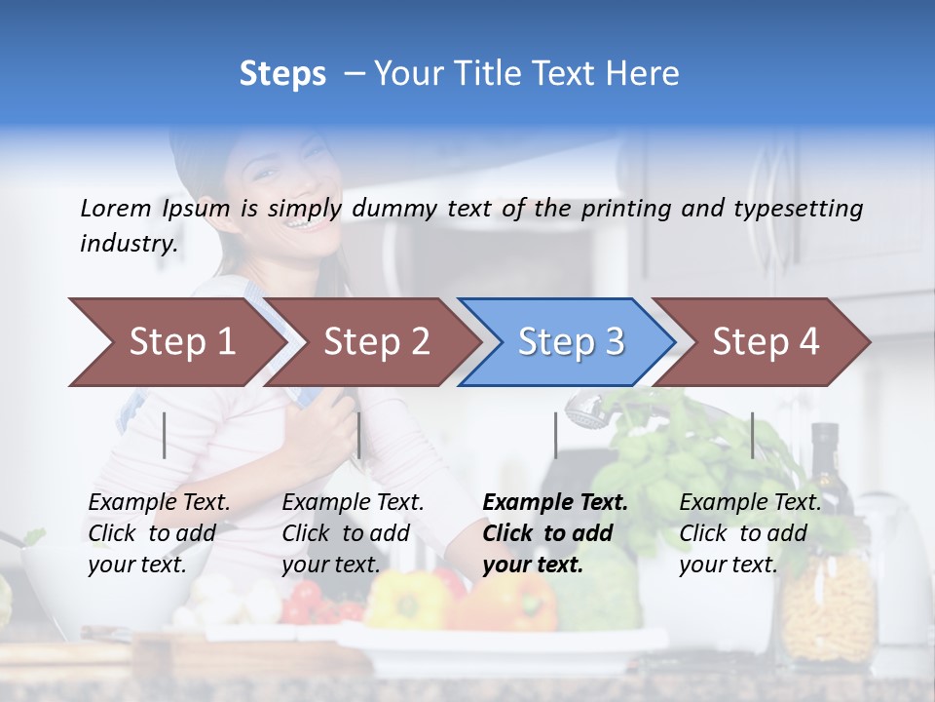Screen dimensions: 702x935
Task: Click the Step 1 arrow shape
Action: coord(175,342)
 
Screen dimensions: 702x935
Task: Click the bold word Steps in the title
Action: coord(282,74)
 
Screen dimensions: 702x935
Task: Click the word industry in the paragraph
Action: coord(128,244)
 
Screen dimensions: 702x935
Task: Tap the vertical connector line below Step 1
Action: coord(165,435)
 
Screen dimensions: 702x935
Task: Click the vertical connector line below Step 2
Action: coord(359,435)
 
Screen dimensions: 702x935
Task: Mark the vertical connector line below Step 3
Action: coord(555,435)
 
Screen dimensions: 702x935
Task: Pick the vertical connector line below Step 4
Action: coord(752,435)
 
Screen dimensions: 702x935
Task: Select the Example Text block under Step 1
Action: coord(159,533)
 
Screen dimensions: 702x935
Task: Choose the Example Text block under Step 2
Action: coord(353,533)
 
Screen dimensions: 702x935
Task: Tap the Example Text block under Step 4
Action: coord(750,533)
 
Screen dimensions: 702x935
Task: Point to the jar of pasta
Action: coord(827,604)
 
